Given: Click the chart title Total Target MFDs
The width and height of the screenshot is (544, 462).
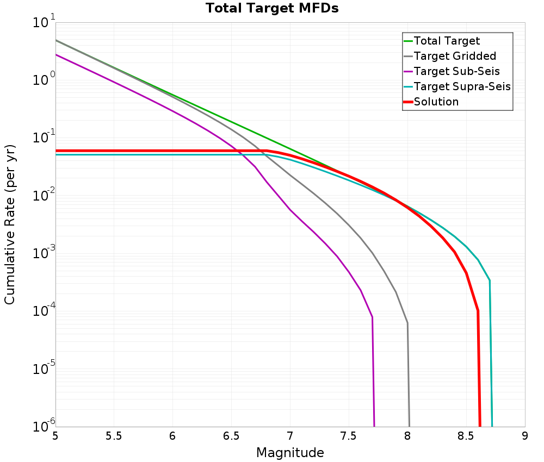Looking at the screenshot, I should [272, 8].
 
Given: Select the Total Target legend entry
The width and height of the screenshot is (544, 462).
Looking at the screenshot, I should [447, 41].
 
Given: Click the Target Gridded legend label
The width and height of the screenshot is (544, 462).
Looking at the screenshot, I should [455, 56].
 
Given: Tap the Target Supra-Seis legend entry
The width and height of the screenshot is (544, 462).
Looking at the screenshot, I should [462, 86].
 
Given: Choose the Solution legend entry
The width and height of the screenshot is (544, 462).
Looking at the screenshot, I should [436, 102].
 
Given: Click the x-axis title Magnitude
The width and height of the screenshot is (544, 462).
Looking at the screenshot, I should [290, 452].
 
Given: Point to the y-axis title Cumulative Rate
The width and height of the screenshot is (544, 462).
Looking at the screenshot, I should [10, 224].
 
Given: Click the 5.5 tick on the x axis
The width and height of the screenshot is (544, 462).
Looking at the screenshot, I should [114, 436].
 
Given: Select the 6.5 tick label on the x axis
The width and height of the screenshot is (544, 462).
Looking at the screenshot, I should [231, 436].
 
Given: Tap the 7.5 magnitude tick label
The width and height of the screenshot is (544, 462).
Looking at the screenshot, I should [348, 436].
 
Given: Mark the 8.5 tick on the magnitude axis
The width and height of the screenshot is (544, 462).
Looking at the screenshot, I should [466, 436].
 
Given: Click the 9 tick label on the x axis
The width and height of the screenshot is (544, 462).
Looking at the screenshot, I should [524, 436].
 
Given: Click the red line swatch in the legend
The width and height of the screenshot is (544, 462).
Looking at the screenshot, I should [408, 102].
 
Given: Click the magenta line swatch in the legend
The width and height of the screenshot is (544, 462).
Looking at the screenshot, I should [408, 71].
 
